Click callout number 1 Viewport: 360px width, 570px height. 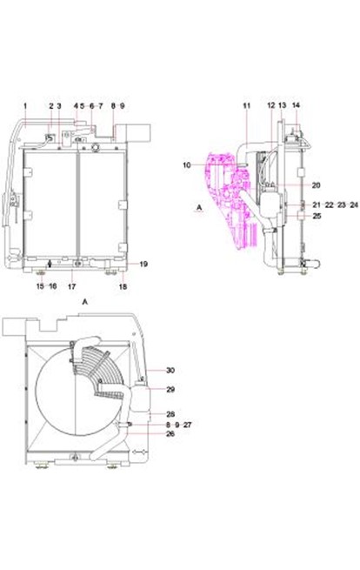click(x=25, y=106)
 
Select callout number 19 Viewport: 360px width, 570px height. click(x=143, y=264)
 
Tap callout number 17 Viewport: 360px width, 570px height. click(x=72, y=286)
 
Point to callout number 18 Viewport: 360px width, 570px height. click(x=123, y=286)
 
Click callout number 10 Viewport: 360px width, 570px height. click(x=187, y=165)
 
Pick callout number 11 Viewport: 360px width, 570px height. click(x=247, y=106)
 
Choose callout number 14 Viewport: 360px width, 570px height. click(x=296, y=105)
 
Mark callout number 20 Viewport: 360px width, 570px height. click(x=317, y=185)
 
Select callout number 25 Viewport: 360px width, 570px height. click(x=317, y=216)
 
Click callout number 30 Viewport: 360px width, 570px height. click(x=170, y=371)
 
